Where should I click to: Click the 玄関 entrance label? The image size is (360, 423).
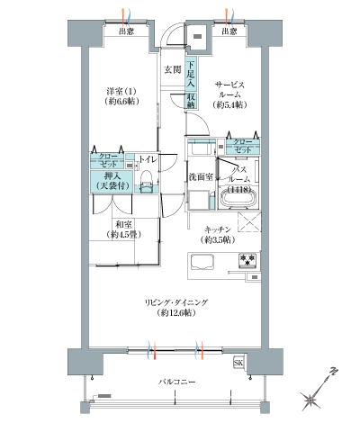172,69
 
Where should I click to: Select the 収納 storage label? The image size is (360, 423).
193,99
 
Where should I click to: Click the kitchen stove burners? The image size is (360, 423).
247,262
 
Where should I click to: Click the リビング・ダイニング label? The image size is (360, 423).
175,308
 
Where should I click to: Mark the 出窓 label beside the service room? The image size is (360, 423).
228,31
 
